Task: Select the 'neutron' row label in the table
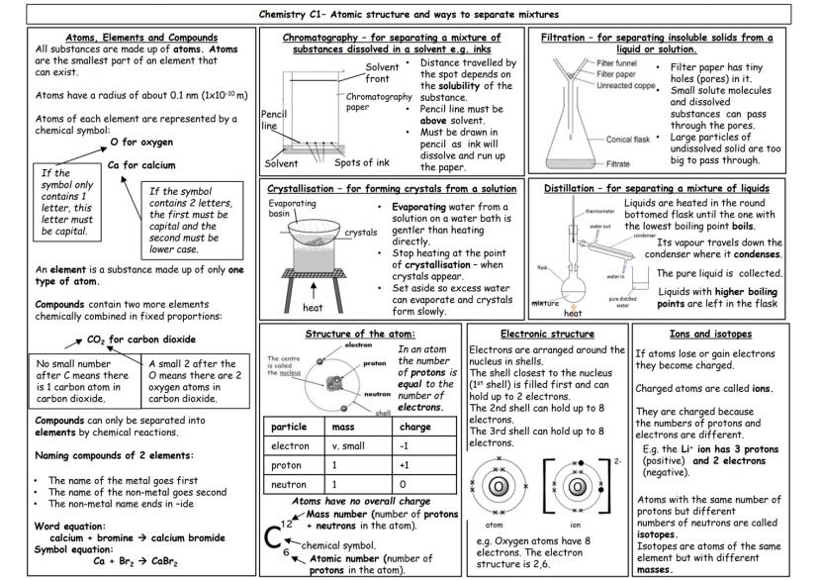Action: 287,485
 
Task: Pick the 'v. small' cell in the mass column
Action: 346,445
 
